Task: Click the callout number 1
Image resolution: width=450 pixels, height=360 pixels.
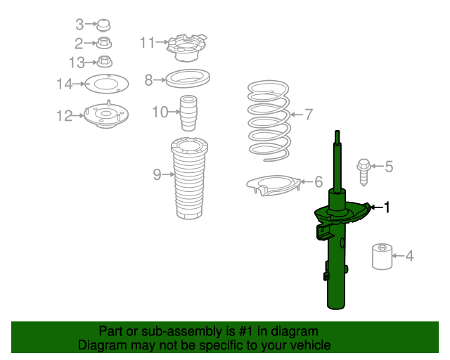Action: click(x=385, y=207)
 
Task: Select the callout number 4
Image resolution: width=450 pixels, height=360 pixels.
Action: click(x=409, y=256)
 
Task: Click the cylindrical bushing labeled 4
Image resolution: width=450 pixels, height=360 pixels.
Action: click(x=382, y=257)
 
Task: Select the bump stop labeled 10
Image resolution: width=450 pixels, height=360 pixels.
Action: click(x=188, y=112)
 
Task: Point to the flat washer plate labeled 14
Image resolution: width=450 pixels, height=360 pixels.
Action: click(x=105, y=85)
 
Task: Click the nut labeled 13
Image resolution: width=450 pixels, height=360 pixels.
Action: click(x=105, y=62)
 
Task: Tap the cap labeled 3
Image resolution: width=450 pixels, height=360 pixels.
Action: click(x=104, y=26)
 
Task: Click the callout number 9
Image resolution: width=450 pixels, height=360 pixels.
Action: click(x=157, y=174)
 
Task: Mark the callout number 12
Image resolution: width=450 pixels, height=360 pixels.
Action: click(x=64, y=116)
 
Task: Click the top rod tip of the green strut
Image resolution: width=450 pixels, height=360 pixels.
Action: click(x=337, y=133)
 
